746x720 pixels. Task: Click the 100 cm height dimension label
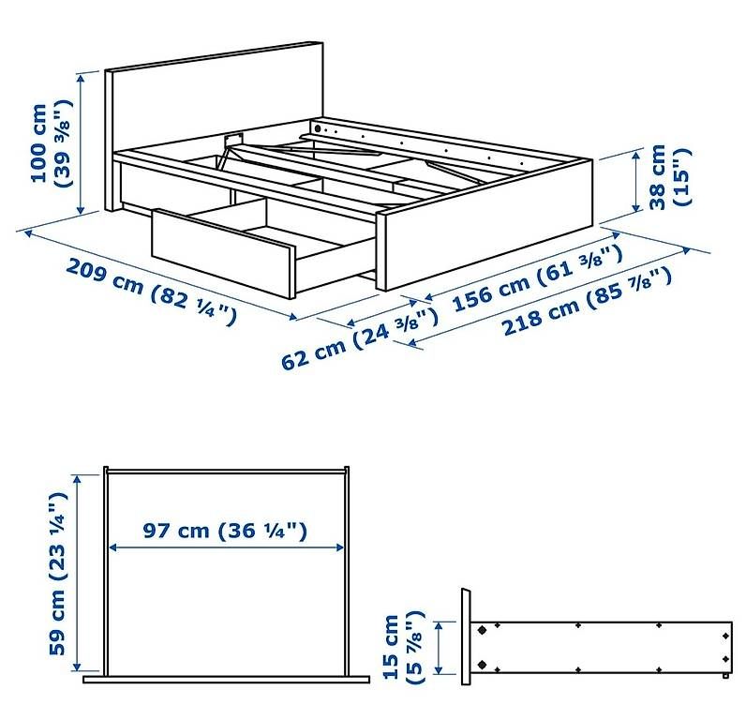point(52,142)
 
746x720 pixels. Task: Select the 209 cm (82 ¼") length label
point(151,292)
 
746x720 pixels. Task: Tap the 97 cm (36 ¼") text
point(225,530)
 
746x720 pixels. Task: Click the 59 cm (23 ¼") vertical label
point(57,573)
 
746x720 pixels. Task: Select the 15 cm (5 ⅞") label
point(403,647)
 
